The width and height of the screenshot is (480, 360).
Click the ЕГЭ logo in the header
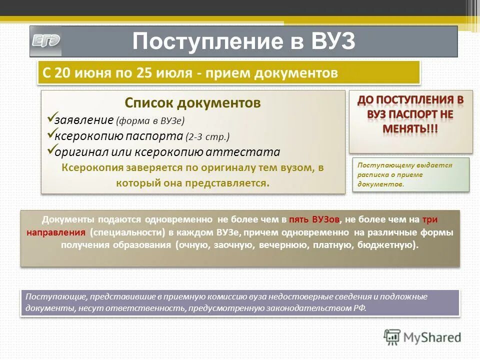coord(46,41)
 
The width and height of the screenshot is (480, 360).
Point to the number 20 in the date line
coord(63,73)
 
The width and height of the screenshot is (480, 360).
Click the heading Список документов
coord(192,103)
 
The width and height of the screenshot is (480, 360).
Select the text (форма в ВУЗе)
coord(150,120)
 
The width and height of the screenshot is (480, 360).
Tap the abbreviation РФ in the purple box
coord(359,308)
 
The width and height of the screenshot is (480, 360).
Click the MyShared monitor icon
coord(392,336)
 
